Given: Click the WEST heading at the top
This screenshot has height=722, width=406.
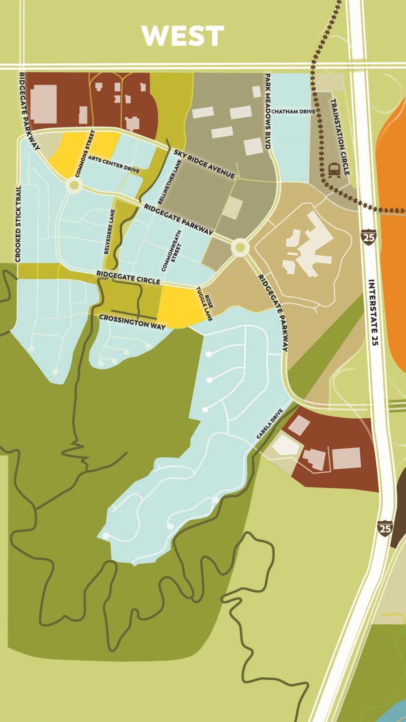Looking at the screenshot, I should pos(182,36).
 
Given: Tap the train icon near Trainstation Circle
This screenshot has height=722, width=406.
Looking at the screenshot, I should pos(334,169).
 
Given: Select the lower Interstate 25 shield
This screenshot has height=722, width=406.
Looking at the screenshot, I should pos(385,529).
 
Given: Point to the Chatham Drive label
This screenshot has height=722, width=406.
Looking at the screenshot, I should pos(292,112).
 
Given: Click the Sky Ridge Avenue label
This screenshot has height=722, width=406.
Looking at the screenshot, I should pos(204,164).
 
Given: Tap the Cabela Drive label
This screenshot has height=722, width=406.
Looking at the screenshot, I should pos(270,425).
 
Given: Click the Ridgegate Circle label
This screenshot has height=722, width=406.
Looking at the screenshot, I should pos(128,279).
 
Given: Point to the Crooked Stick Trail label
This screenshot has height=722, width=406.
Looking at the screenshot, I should pos(18,224).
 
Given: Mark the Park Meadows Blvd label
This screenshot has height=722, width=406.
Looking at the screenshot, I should pos(268,111).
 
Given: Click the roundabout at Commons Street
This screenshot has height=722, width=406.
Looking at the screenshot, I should pos(74,185).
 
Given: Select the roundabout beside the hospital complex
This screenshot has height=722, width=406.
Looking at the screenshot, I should pos(240,247).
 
